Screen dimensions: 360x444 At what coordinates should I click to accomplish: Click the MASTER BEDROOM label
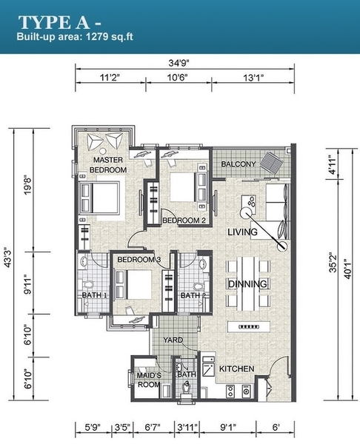point(108,165)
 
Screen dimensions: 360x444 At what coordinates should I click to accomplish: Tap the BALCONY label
point(239,164)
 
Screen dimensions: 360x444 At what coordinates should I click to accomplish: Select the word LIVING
point(243,232)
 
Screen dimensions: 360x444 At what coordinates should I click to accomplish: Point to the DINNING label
point(247,283)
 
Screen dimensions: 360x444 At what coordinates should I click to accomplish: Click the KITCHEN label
point(237,369)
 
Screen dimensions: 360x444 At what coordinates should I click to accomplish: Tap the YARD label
point(173,340)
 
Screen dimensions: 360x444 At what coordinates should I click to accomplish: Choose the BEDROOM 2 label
point(184,221)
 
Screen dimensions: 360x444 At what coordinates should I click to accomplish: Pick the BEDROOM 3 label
point(139,260)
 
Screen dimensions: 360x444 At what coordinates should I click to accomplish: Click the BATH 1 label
point(94,295)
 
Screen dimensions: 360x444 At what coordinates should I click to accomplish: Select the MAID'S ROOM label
point(149,380)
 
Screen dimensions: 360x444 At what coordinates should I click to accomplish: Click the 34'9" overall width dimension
point(179,63)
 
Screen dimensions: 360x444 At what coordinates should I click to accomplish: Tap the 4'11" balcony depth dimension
point(332,164)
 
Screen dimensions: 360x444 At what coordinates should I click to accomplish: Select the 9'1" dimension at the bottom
point(227,427)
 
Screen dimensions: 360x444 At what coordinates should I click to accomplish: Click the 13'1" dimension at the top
point(253,78)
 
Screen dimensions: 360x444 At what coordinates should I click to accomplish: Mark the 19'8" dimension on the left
point(28,186)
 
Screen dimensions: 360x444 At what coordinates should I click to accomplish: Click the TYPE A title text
point(54,23)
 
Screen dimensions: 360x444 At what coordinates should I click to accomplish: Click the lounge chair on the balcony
point(272,163)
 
